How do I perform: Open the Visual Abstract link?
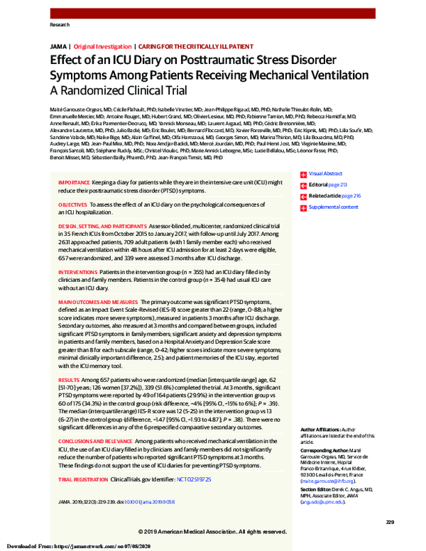tap(326, 173)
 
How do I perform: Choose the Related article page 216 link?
tap(334, 195)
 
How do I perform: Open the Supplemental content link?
tap(333, 207)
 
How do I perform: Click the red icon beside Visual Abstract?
tap(303, 174)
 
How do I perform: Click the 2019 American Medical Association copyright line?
tap(212, 531)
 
